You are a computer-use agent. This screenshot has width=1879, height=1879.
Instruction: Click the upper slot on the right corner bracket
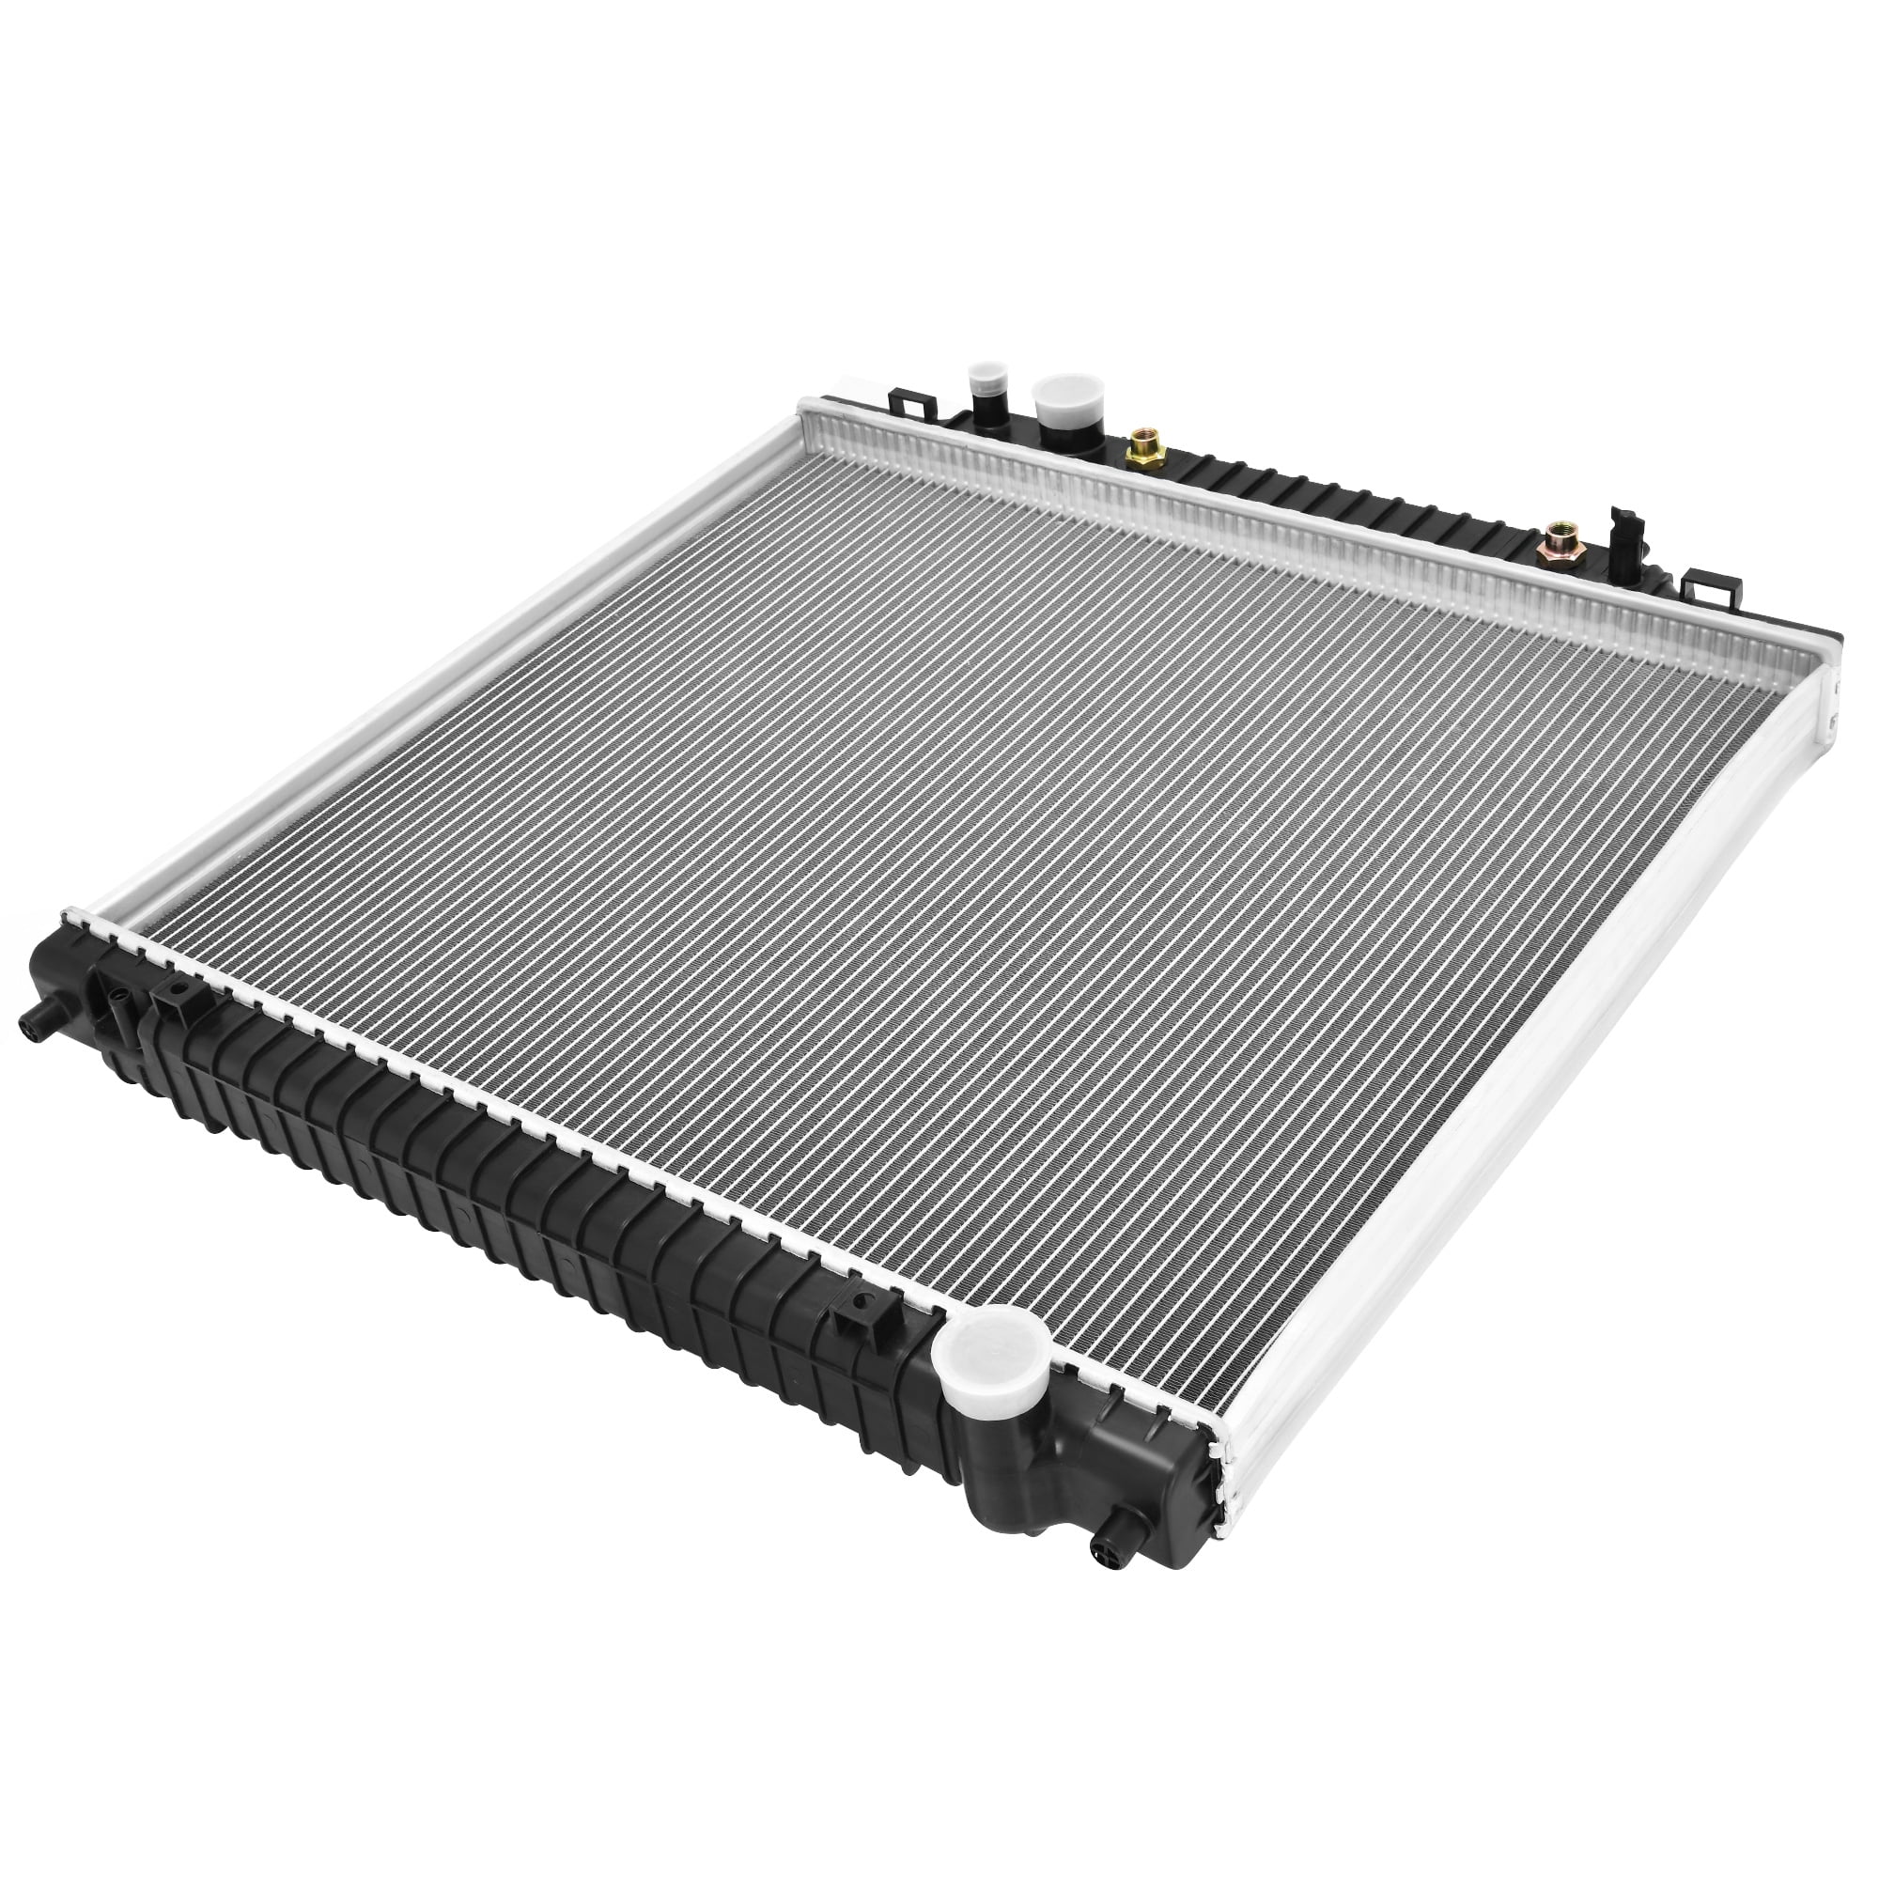pos(1831,685)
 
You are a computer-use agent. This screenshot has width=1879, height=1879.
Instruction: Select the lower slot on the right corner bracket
pos(1829,721)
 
